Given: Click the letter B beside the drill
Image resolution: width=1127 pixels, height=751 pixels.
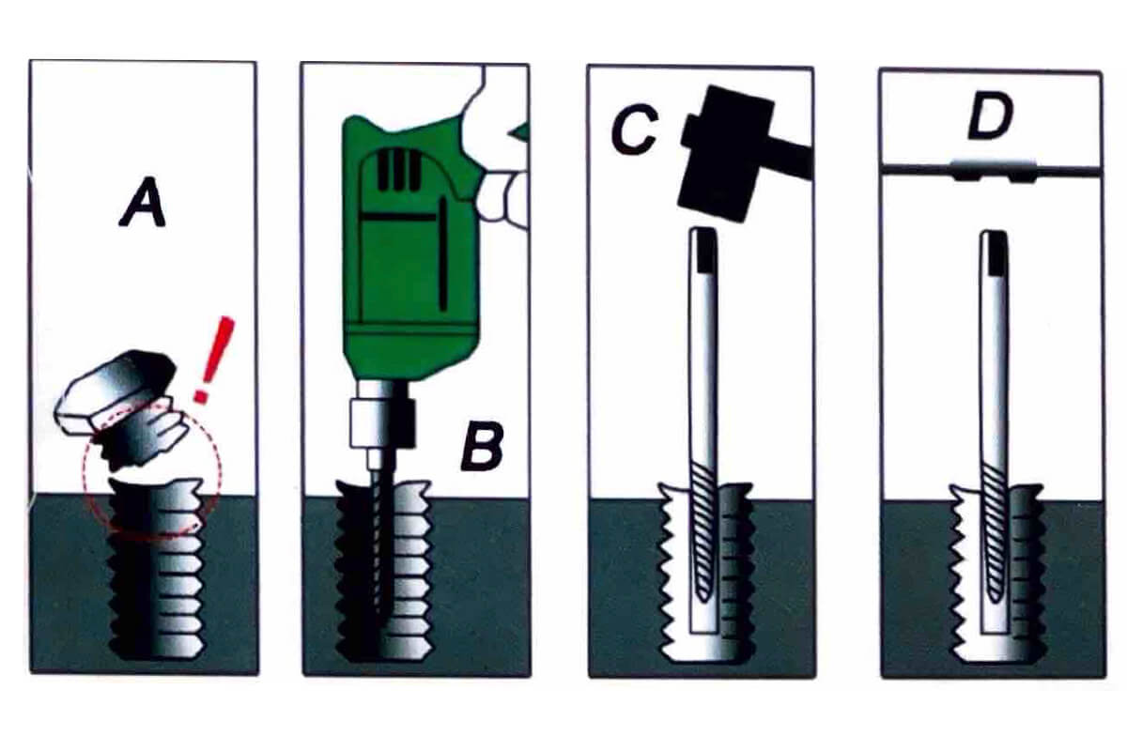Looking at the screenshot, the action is coord(482,446).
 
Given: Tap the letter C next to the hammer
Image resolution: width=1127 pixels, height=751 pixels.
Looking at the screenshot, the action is coord(634,130).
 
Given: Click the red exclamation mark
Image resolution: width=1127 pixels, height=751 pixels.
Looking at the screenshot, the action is coord(214,360).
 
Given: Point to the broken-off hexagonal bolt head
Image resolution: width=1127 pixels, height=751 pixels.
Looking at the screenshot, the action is coord(121,403).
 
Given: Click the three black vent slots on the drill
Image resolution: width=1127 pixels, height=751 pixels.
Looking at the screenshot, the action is coord(399,170).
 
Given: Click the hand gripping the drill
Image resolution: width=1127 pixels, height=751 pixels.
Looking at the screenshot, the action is coord(498,151).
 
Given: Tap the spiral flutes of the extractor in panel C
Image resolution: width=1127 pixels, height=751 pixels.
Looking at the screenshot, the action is coord(702,533).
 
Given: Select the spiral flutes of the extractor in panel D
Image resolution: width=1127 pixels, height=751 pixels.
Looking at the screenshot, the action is coord(995,533).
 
